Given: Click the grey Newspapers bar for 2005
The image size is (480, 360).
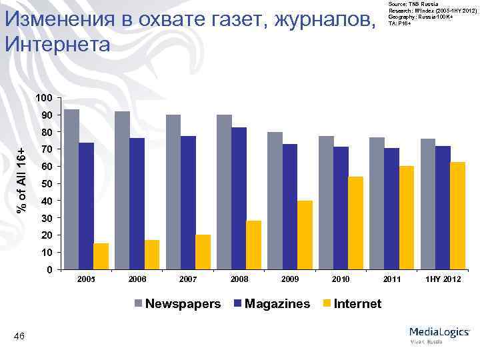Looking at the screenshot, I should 71,189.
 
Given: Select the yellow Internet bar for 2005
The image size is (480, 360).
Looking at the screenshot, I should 101,257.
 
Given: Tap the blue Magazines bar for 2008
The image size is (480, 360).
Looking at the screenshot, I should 239,199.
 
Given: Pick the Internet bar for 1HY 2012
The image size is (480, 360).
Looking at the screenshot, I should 457,216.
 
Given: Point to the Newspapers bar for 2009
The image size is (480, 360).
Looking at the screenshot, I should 275,201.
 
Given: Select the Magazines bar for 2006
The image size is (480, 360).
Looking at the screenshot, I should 137,204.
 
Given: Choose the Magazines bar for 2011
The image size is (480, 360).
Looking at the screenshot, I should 391,209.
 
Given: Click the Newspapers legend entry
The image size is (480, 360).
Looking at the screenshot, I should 177,304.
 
